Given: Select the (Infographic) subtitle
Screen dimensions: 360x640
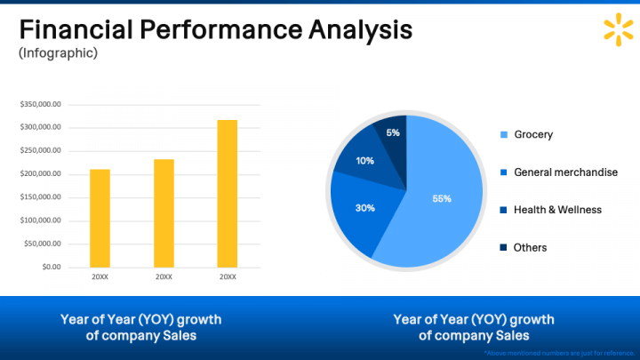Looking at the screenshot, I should pyautogui.click(x=59, y=53).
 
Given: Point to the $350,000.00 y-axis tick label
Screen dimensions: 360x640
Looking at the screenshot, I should pyautogui.click(x=40, y=104).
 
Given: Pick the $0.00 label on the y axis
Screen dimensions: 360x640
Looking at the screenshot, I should pyautogui.click(x=50, y=267).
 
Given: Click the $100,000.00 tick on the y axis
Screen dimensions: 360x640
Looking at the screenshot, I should pyautogui.click(x=40, y=220).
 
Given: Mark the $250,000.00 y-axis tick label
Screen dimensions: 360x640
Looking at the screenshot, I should pyautogui.click(x=40, y=150).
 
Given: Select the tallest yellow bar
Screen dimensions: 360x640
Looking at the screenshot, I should pyautogui.click(x=228, y=193).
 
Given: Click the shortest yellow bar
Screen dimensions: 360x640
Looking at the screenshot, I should pyautogui.click(x=100, y=218).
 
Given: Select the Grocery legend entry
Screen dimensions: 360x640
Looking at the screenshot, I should pyautogui.click(x=532, y=135).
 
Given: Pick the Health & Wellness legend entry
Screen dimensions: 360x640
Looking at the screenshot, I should pyautogui.click(x=557, y=210).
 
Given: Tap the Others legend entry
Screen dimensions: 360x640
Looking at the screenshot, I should pyautogui.click(x=530, y=247).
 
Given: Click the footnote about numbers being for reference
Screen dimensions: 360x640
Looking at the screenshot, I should pyautogui.click(x=558, y=353).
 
